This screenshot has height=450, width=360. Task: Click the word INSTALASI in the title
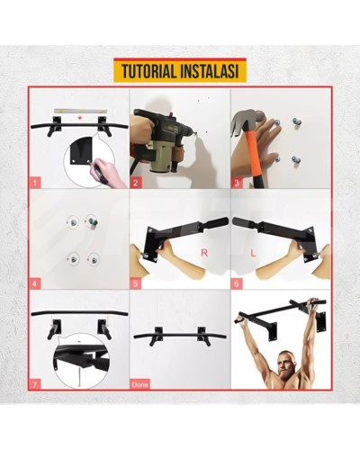tap(210, 71)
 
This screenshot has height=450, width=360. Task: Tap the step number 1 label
tap(36, 183)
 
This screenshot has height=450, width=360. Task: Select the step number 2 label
tap(136, 183)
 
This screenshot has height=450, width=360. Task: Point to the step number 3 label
tap(237, 183)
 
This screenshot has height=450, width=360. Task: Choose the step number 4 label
tap(36, 283)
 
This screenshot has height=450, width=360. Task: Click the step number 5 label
tap(136, 283)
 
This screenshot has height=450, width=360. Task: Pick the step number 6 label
tap(237, 283)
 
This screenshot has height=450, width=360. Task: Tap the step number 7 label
tap(36, 384)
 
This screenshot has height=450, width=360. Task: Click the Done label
tap(140, 384)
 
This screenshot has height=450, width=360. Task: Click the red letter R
tap(204, 253)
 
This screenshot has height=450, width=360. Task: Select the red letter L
tap(254, 254)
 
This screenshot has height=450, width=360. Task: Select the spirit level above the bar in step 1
tap(80, 111)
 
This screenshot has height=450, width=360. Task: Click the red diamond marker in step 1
tap(79, 117)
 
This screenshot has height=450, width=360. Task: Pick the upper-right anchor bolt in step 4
tap(92, 220)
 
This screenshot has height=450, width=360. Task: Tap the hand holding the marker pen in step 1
tap(107, 173)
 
